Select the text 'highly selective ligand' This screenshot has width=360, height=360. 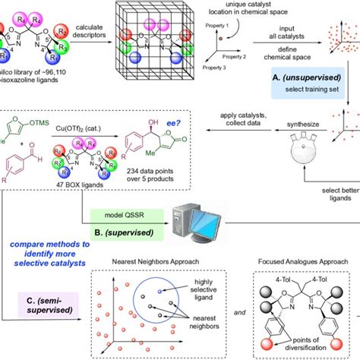(215, 287)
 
